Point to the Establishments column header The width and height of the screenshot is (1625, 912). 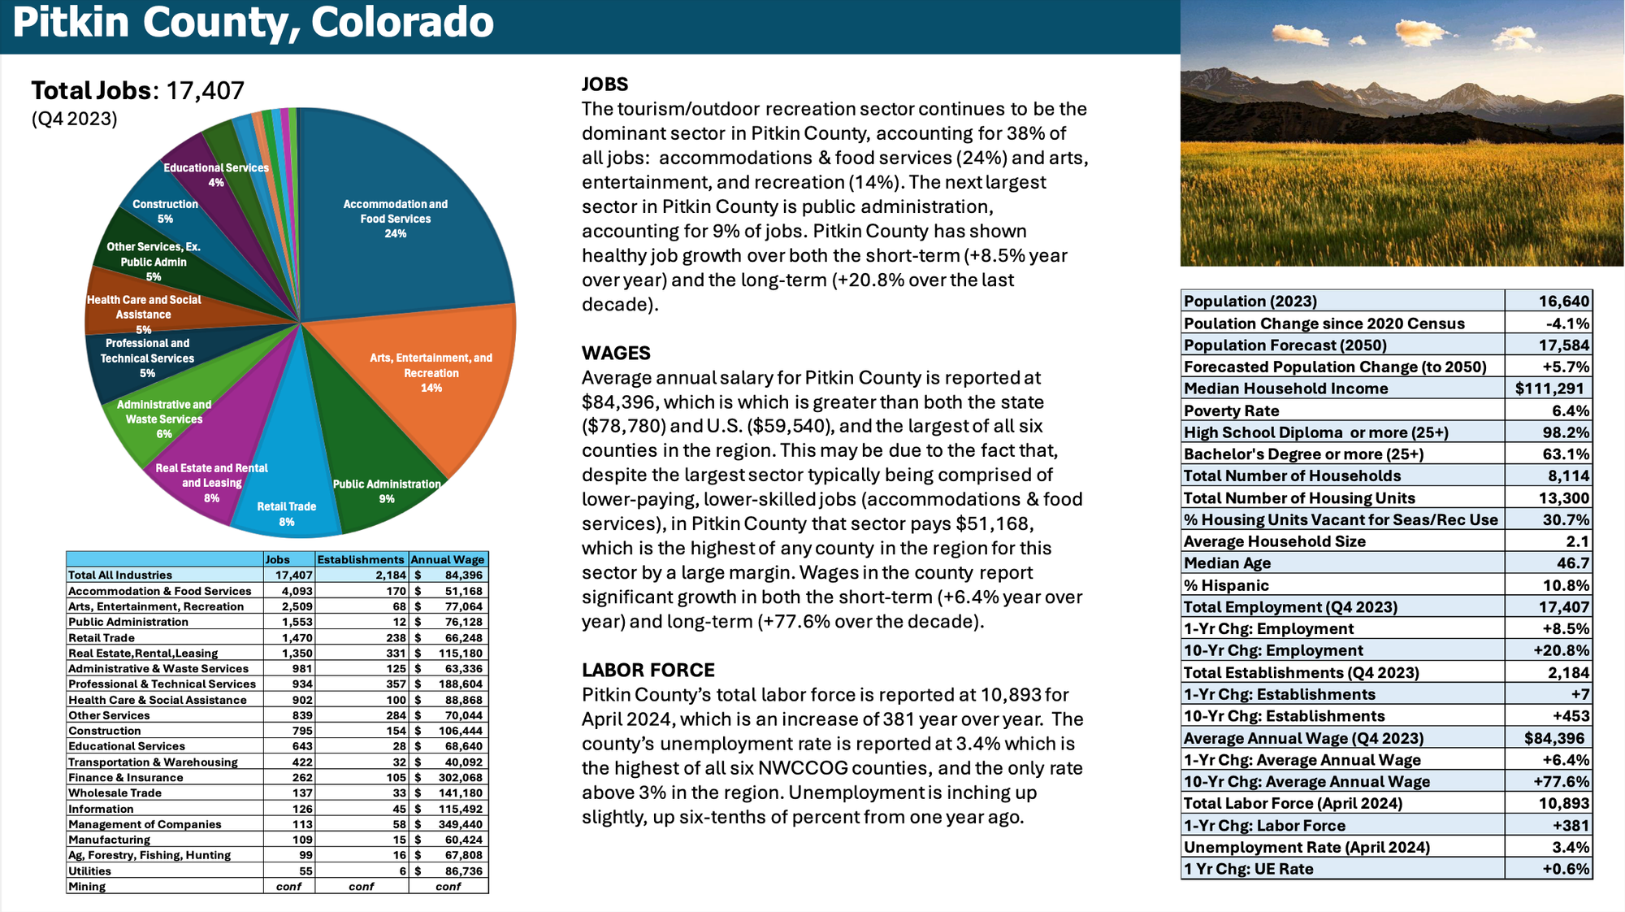361,559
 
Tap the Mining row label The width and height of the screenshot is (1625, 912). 87,886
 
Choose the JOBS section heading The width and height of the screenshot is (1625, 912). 604,85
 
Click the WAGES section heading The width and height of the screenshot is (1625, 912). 616,354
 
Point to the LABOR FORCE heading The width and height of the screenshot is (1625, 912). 648,671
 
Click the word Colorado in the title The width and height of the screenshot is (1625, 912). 401,23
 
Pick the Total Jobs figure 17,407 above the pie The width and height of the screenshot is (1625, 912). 205,90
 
